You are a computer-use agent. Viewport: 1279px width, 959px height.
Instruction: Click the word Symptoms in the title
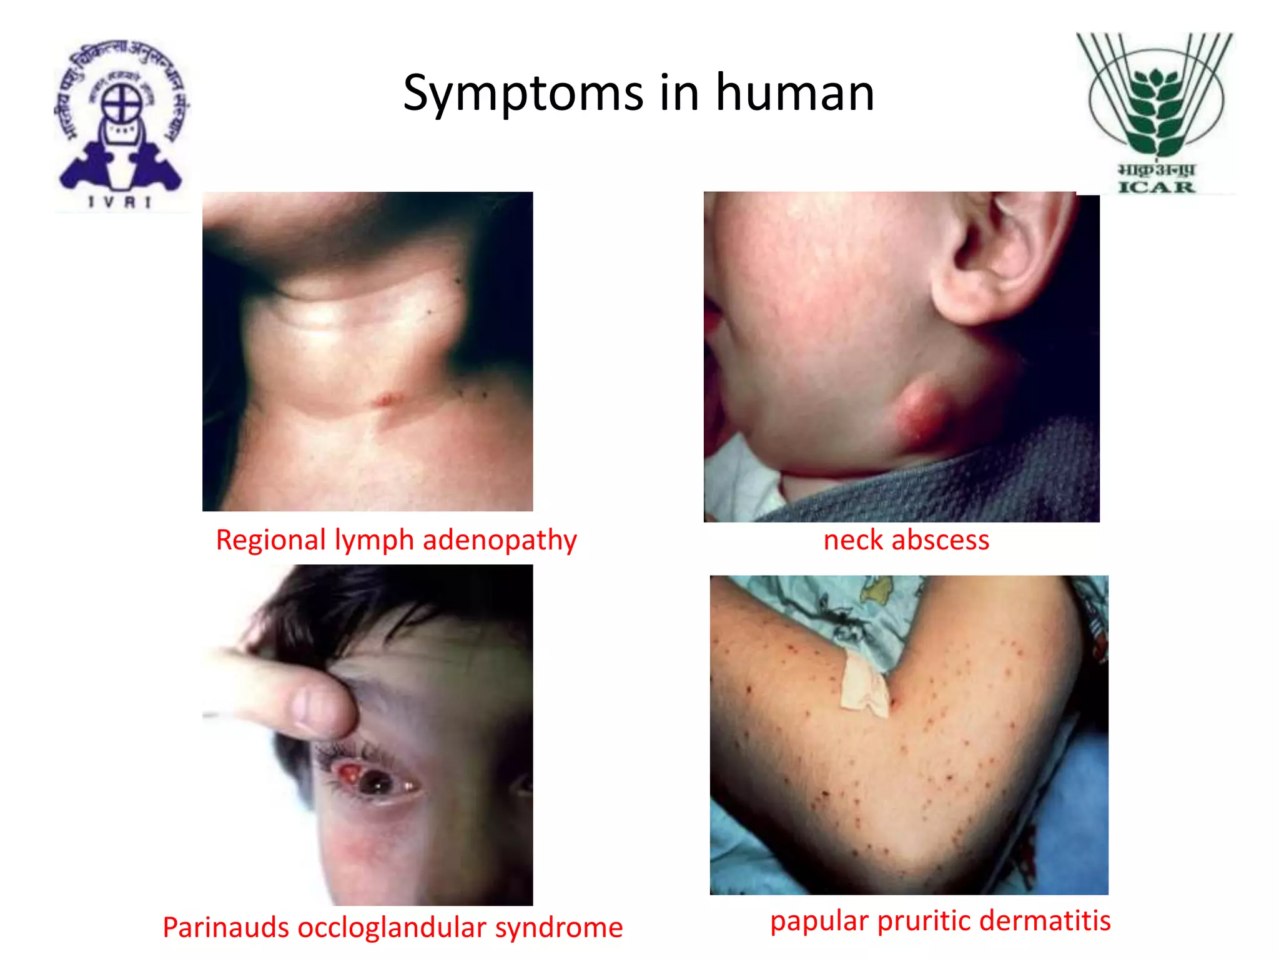(523, 94)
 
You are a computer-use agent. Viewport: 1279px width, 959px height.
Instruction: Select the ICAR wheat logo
(1156, 97)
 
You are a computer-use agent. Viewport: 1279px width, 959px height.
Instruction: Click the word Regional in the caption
(271, 540)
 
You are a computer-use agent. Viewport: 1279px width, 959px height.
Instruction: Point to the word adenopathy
(500, 540)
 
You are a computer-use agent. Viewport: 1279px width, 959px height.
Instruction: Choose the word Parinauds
(225, 927)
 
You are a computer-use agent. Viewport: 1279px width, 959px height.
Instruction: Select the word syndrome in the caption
(559, 927)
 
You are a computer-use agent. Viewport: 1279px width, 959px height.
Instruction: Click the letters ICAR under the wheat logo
(1156, 187)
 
